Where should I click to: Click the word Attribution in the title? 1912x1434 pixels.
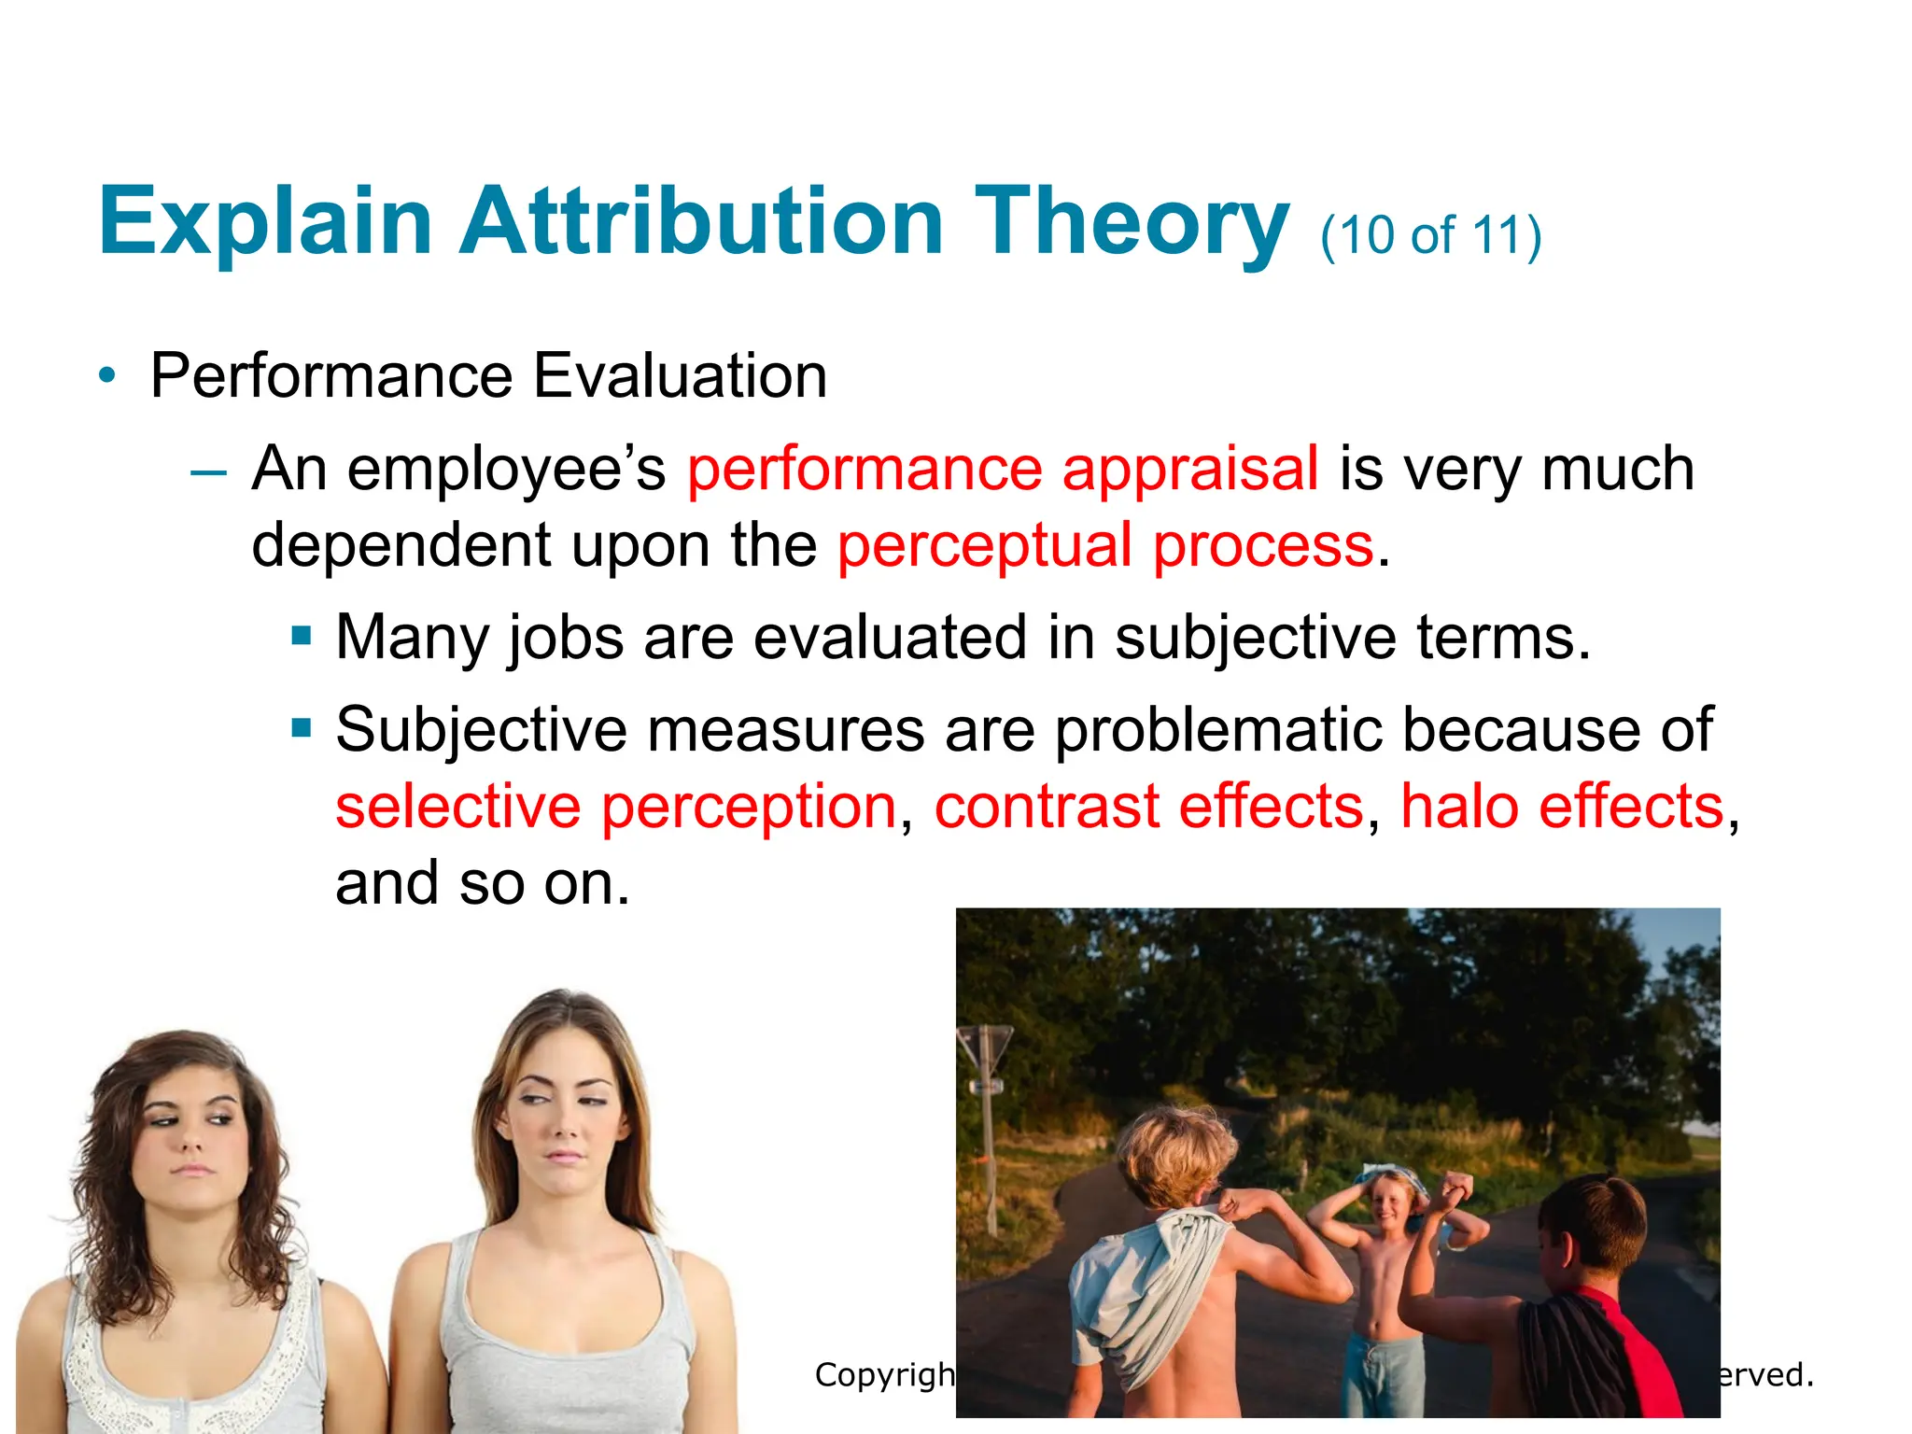(701, 221)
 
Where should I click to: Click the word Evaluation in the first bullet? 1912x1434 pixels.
(680, 376)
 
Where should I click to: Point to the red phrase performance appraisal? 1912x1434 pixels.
(1003, 468)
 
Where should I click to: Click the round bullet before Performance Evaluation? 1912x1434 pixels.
(108, 376)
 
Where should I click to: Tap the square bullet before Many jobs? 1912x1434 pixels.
(301, 637)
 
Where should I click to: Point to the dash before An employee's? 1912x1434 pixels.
(207, 472)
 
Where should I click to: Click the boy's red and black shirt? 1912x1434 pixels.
(1606, 1354)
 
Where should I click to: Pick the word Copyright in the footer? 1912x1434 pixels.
(883, 1374)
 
